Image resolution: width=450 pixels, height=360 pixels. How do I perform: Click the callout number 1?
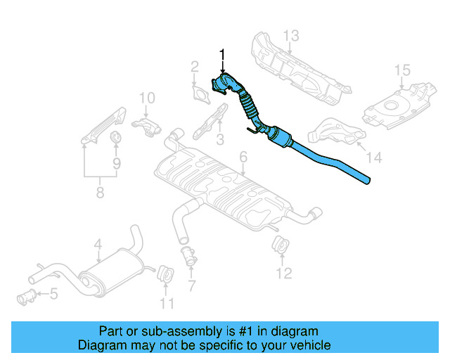[x=224, y=54]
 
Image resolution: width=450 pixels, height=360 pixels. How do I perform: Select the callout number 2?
[x=194, y=67]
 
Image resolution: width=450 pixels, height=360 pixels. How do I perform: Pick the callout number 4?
[x=98, y=245]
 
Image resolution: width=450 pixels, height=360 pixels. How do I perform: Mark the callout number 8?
[x=100, y=191]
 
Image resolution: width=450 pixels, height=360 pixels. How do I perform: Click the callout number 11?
[x=166, y=304]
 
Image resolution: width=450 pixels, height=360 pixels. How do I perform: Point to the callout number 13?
[x=291, y=35]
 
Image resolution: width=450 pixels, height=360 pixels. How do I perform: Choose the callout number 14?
[x=374, y=158]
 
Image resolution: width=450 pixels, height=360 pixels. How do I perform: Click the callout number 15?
[x=401, y=70]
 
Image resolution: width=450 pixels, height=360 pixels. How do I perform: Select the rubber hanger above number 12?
[x=281, y=245]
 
